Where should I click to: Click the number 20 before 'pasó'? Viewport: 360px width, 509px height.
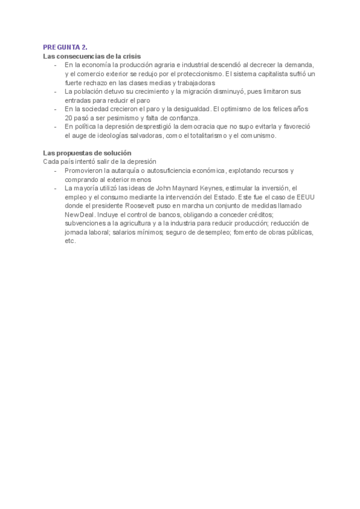[x=68, y=118]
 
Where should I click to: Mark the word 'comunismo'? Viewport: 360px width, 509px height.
[x=258, y=136]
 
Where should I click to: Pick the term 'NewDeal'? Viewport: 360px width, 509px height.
[x=78, y=214]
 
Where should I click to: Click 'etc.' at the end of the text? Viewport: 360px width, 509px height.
[x=70, y=241]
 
